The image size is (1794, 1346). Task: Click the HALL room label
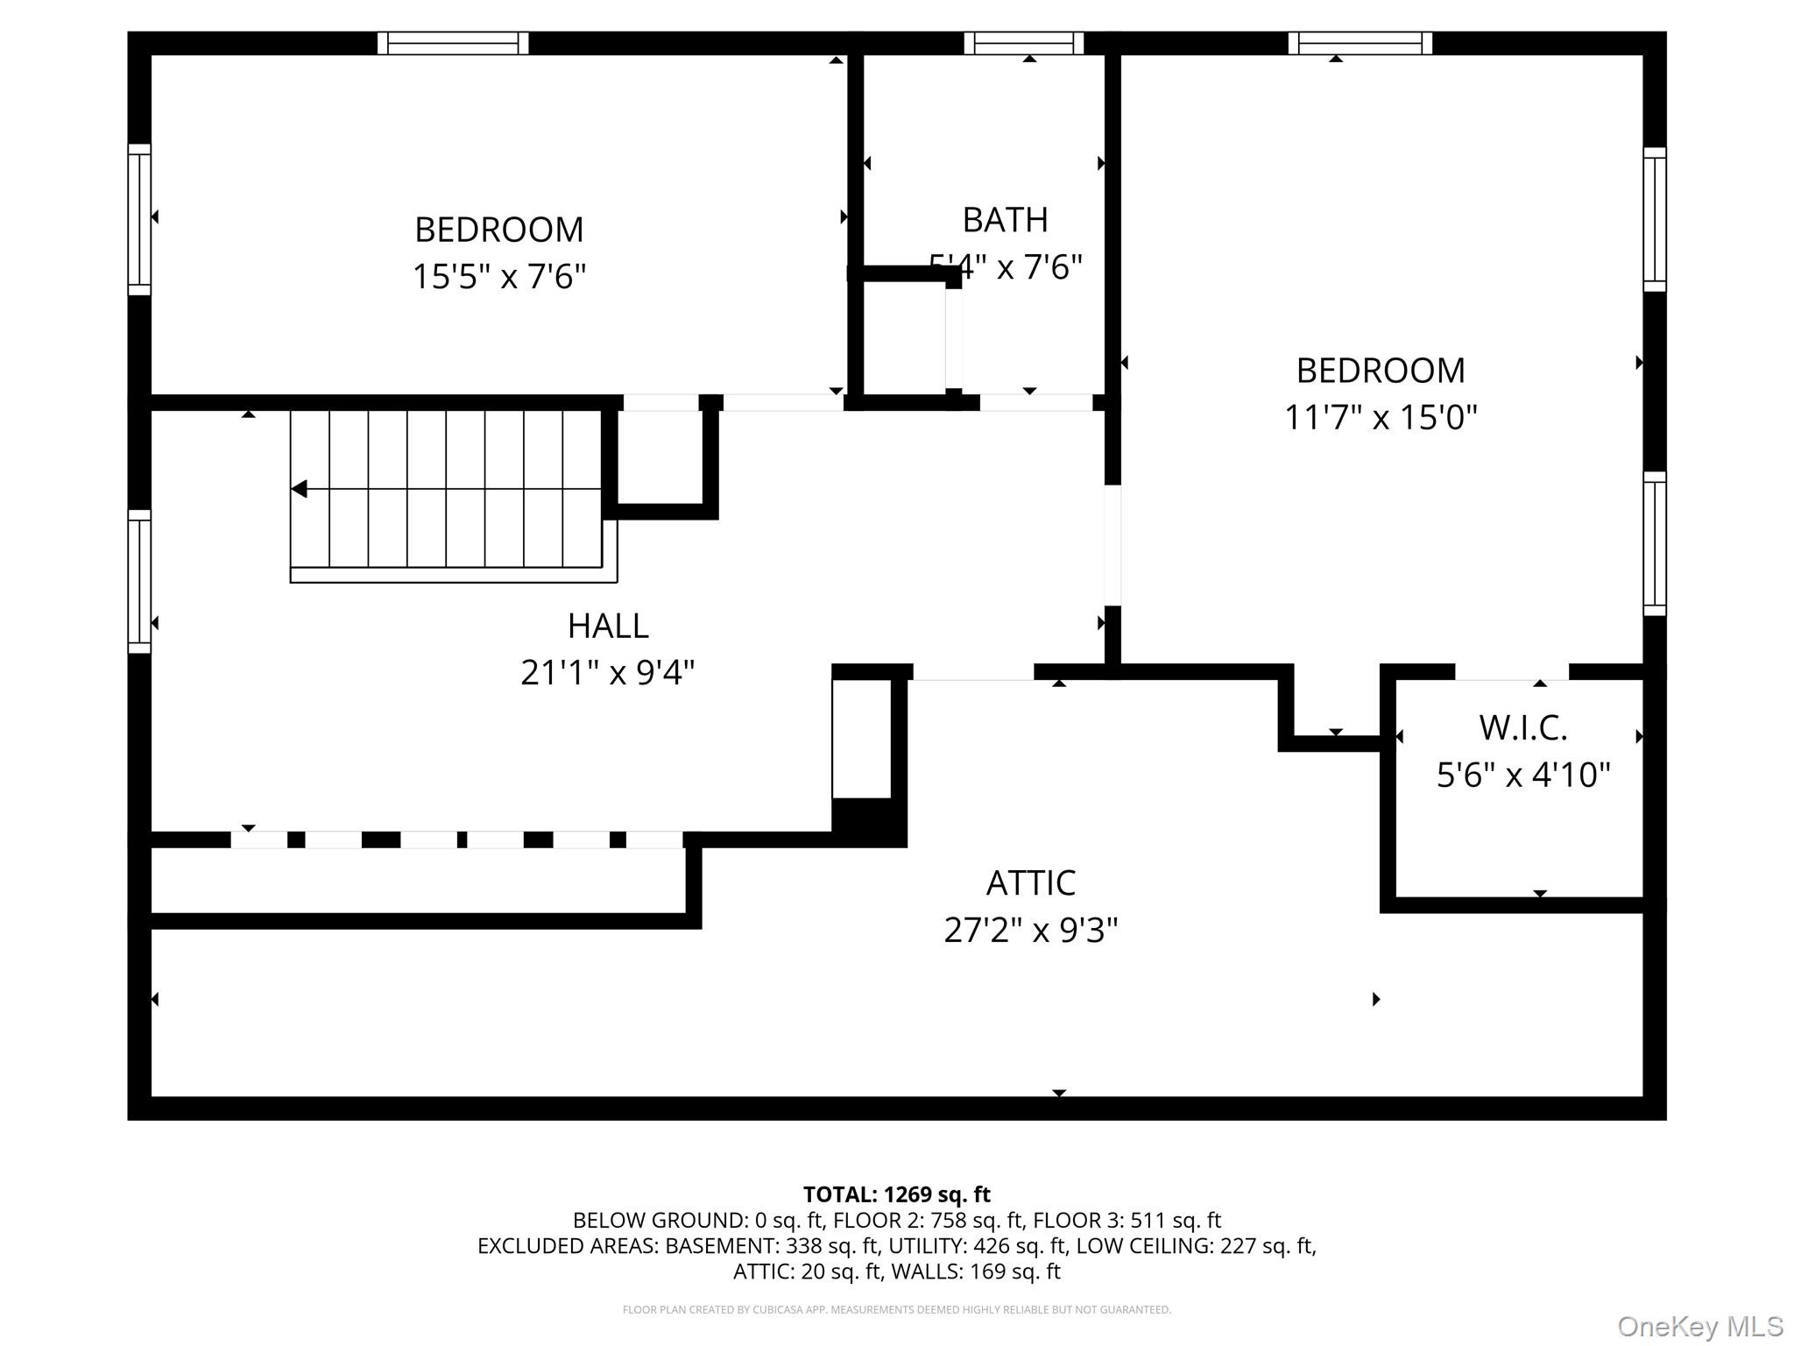click(608, 626)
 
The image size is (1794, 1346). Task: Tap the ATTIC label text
click(1030, 882)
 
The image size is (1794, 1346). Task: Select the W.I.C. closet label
click(1522, 727)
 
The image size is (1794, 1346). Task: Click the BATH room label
click(1005, 220)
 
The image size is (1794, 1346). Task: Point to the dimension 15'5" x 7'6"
click(498, 277)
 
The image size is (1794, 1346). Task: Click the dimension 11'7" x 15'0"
click(1381, 417)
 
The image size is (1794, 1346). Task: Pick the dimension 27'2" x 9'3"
click(1030, 930)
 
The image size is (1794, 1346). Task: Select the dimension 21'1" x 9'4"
click(608, 673)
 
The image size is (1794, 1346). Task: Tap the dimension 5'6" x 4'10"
click(1522, 775)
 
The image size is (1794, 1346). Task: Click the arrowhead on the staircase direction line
click(300, 489)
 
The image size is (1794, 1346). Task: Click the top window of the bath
click(1023, 43)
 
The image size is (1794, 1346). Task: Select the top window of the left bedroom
click(453, 43)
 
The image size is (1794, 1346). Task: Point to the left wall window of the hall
click(139, 581)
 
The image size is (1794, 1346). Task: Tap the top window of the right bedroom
click(1360, 43)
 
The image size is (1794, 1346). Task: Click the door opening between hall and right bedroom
click(1112, 545)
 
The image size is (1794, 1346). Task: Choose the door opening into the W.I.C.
click(1511, 672)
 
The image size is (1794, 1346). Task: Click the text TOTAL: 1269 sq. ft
click(896, 1194)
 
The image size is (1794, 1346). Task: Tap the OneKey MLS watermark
click(1699, 1327)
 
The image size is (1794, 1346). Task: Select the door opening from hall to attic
click(973, 672)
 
